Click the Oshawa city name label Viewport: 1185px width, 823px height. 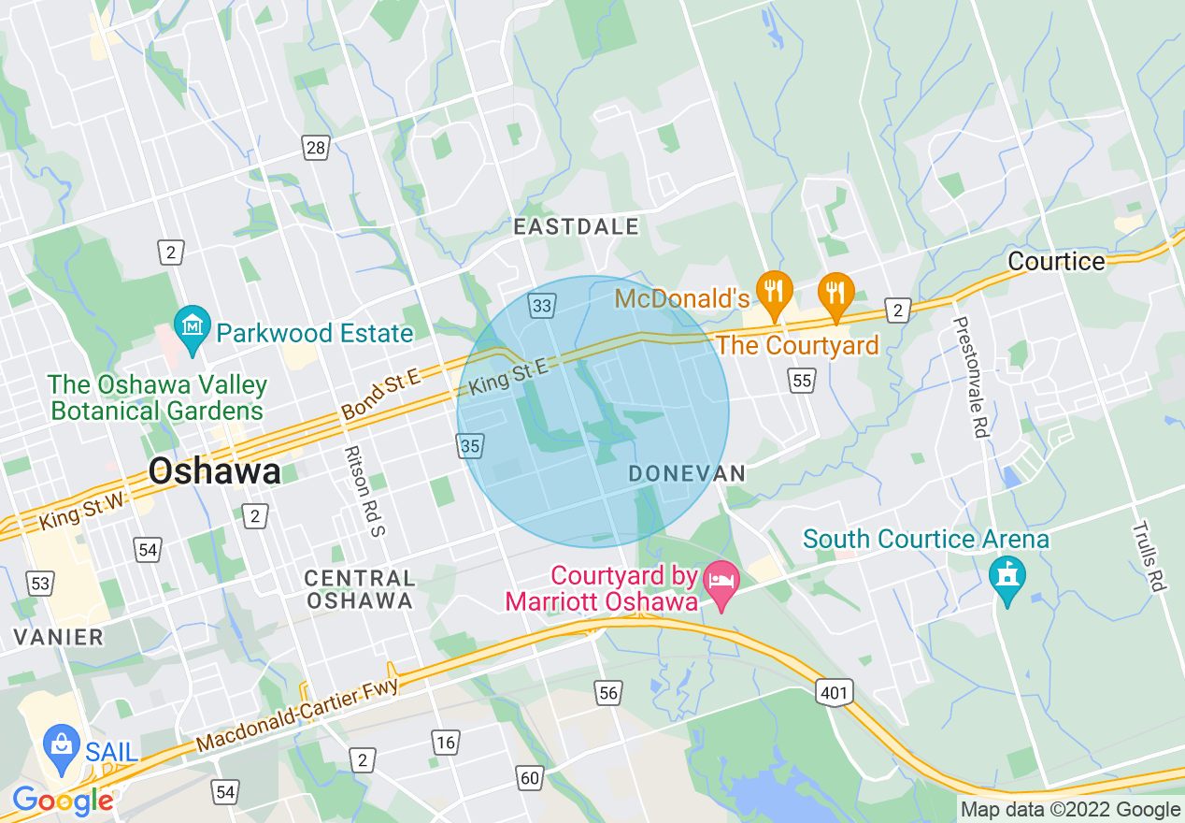click(214, 470)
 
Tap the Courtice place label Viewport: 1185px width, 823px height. click(1056, 261)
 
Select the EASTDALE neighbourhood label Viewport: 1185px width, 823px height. click(577, 226)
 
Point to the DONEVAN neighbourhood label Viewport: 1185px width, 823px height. click(687, 474)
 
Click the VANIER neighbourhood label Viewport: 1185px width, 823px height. click(58, 637)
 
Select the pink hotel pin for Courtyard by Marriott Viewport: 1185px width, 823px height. click(721, 585)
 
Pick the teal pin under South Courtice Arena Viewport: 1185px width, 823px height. click(1007, 580)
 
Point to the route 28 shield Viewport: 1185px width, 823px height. click(316, 146)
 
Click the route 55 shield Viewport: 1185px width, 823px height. click(801, 380)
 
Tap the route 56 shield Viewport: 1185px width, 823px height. click(608, 692)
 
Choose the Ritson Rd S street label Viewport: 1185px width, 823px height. click(364, 490)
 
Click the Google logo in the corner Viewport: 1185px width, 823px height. click(62, 801)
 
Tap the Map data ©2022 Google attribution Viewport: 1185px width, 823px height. click(1071, 810)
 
